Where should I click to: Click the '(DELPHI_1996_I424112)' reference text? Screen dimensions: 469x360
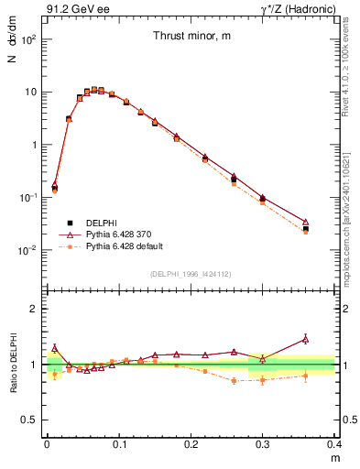(x=191, y=272)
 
